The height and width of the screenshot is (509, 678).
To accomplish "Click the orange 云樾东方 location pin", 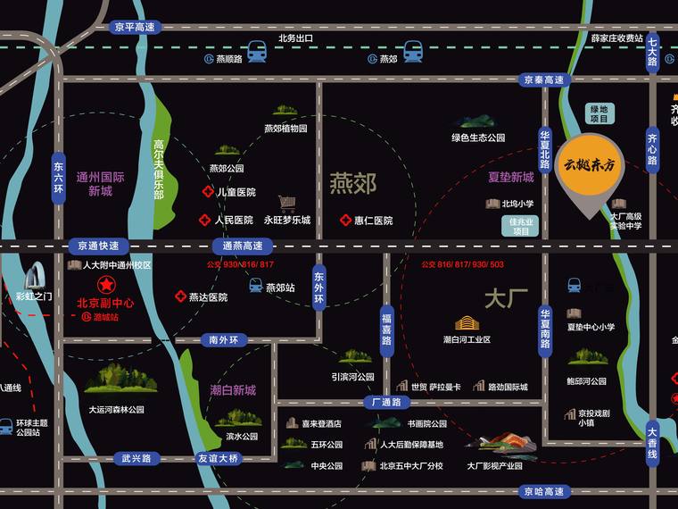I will click(591, 171).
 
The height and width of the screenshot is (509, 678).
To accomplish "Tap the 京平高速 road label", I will click(135, 28).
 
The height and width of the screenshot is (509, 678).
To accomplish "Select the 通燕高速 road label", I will click(243, 246).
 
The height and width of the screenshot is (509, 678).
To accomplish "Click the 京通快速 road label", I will click(98, 246).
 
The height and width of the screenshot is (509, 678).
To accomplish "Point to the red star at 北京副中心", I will click(105, 286).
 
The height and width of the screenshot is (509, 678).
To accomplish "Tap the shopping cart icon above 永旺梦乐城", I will click(286, 204).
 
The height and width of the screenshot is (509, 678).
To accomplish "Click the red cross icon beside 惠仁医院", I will click(344, 221).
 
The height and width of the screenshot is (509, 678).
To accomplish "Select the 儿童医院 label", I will click(236, 192).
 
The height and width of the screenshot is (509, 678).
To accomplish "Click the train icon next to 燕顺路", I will click(258, 52).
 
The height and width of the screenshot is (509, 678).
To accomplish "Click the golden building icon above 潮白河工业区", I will click(467, 323).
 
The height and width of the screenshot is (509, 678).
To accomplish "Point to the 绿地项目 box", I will click(599, 113).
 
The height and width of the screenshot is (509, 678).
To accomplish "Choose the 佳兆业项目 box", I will click(521, 226).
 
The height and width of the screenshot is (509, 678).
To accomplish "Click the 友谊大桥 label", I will click(218, 458).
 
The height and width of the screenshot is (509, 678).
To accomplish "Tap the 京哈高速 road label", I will click(544, 492).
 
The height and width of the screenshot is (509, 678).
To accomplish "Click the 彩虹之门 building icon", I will click(35, 275).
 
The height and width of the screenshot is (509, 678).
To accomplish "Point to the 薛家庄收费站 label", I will click(616, 38).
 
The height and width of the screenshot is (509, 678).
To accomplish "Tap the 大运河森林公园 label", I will click(117, 410).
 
